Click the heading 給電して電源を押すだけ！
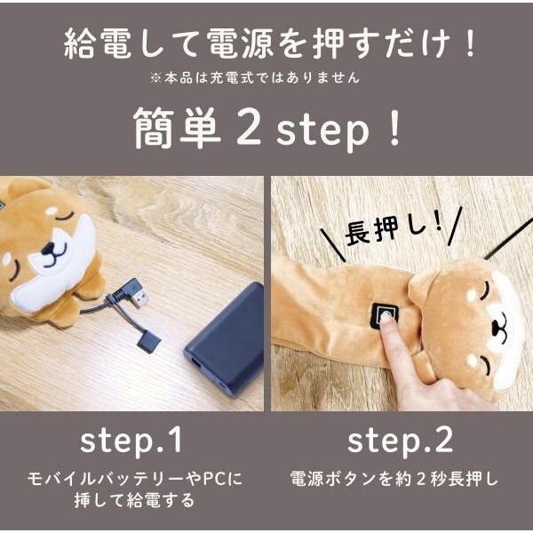coord(266,43)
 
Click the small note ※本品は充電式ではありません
coord(266,78)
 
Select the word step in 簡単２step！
coord(320,131)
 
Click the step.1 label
coord(132,441)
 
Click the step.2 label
coord(400,441)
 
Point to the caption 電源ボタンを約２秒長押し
coord(400,479)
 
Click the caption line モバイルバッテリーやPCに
coord(132,479)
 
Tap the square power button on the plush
coord(385,314)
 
